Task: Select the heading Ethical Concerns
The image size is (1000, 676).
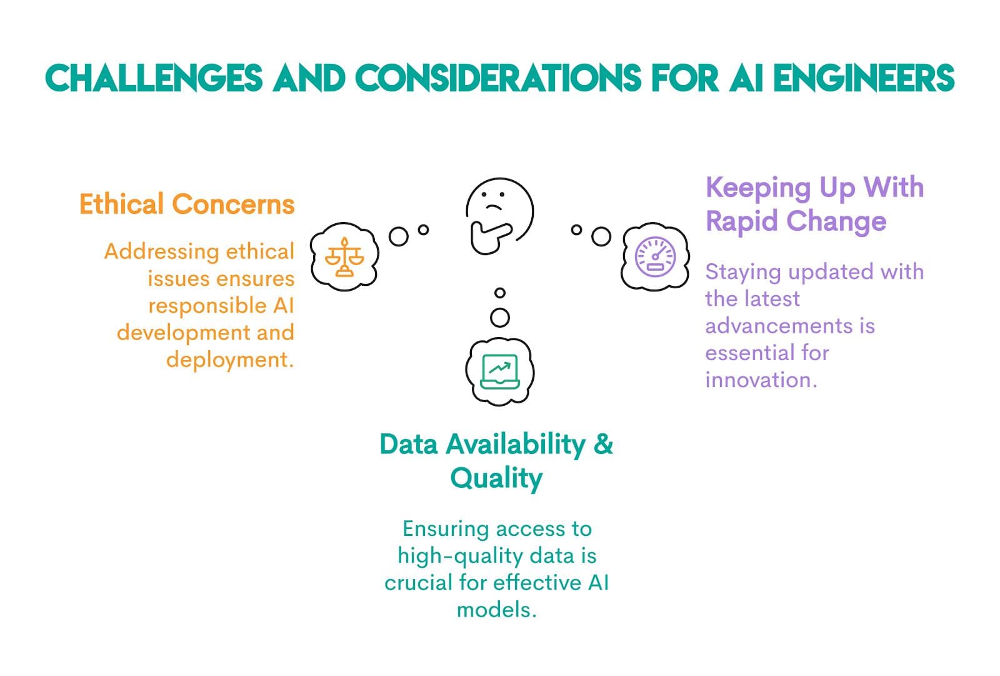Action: pyautogui.click(x=186, y=204)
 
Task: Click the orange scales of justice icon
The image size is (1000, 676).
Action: pyautogui.click(x=344, y=256)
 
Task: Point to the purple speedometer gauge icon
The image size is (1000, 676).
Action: pyautogui.click(x=655, y=256)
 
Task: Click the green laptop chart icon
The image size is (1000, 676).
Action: pyautogui.click(x=499, y=371)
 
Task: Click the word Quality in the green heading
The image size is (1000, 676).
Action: pyautogui.click(x=496, y=478)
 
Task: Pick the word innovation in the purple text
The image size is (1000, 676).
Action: pyautogui.click(x=760, y=380)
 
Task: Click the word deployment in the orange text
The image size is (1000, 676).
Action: pyautogui.click(x=229, y=360)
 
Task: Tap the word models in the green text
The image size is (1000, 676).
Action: pyautogui.click(x=496, y=609)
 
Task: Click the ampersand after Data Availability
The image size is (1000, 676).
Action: pyautogui.click(x=603, y=445)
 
